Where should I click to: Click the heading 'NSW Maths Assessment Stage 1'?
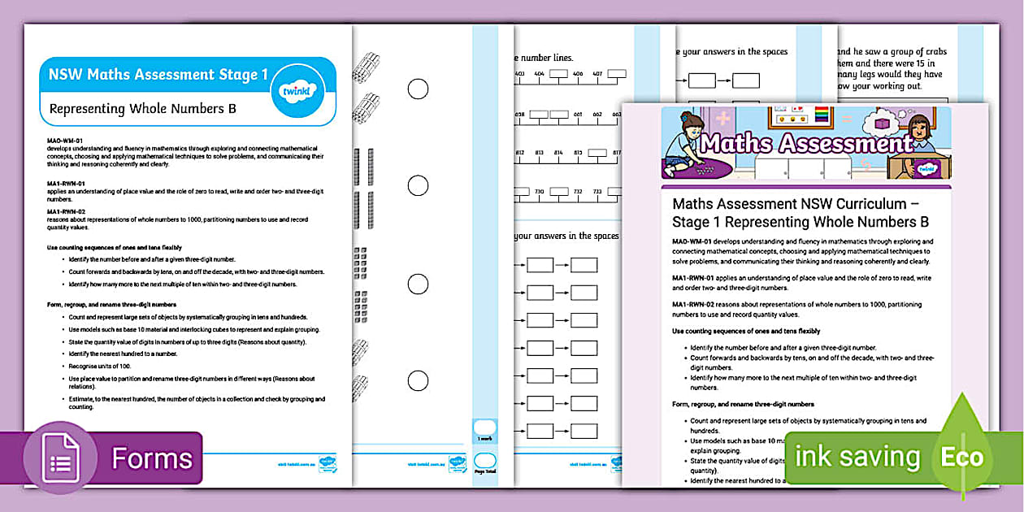[158, 76]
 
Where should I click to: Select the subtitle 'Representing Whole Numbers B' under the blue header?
[142, 108]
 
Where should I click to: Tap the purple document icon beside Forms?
[62, 458]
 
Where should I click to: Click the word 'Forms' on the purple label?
[152, 458]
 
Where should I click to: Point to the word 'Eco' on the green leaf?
[962, 457]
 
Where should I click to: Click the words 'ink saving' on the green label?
[857, 457]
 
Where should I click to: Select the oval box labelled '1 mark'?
[484, 428]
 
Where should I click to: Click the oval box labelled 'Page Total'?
[484, 462]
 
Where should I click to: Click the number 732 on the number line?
[576, 192]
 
